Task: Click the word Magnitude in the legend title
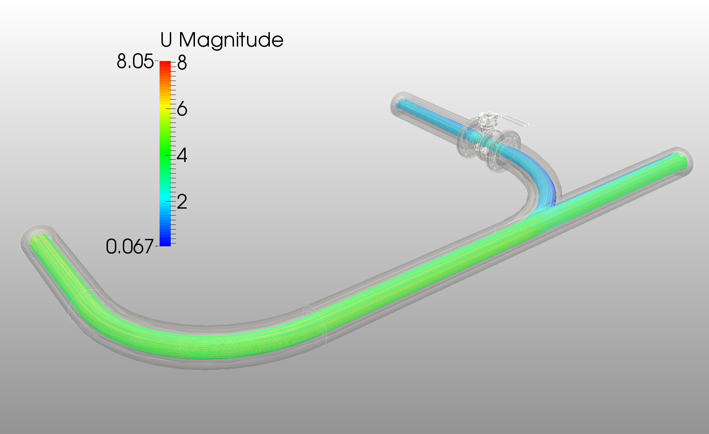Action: click(231, 40)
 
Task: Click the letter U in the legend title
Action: click(167, 40)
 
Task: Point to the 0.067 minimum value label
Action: click(129, 246)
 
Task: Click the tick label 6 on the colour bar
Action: click(182, 109)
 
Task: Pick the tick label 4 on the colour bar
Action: click(182, 156)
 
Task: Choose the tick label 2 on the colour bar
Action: click(182, 202)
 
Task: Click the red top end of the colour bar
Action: click(165, 64)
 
